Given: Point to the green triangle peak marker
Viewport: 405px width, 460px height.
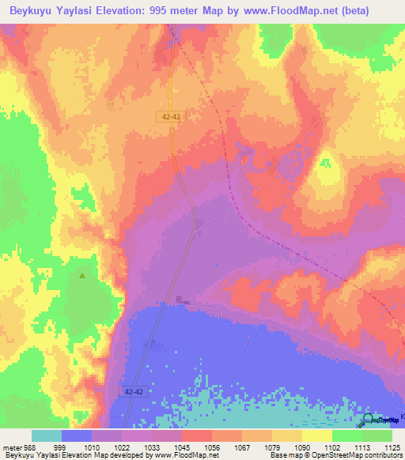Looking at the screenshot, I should click(x=82, y=276).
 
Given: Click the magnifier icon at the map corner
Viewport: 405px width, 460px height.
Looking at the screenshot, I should click(x=369, y=420).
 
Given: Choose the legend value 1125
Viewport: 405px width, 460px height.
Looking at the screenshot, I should click(x=391, y=447).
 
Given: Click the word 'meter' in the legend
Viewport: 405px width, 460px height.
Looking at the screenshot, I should click(x=9, y=447).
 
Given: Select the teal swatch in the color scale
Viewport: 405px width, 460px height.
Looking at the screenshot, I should click(x=47, y=435).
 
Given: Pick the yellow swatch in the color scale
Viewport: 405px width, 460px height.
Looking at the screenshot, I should click(x=316, y=435).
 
